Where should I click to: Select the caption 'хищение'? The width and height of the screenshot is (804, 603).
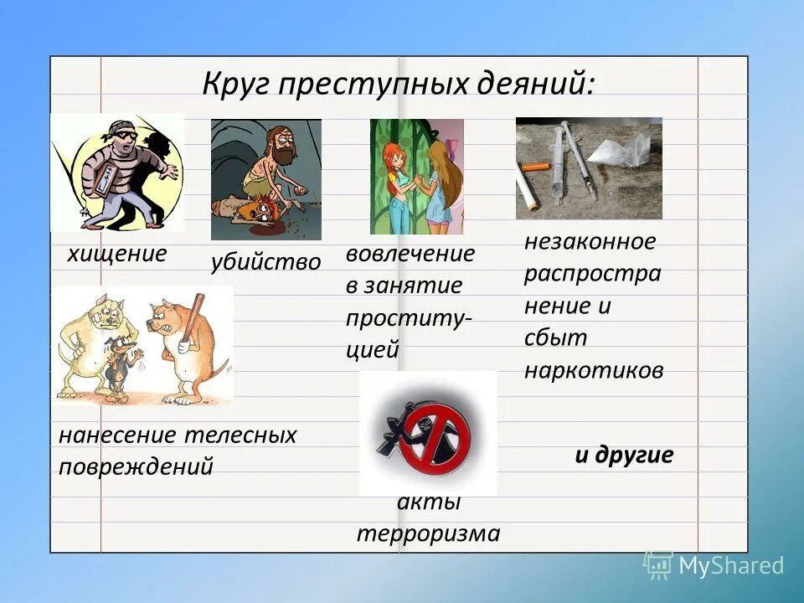pyautogui.click(x=117, y=254)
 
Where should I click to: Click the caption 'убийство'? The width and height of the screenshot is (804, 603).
pyautogui.click(x=265, y=262)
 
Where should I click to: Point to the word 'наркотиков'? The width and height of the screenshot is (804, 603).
pyautogui.click(x=594, y=370)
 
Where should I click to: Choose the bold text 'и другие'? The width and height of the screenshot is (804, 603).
pyautogui.click(x=624, y=455)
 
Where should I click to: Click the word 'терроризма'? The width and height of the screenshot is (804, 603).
pyautogui.click(x=428, y=533)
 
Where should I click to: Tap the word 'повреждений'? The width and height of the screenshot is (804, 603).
pyautogui.click(x=136, y=466)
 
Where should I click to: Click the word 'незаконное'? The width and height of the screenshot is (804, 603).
pyautogui.click(x=590, y=242)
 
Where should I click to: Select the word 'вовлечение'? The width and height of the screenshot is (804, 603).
pyautogui.click(x=410, y=254)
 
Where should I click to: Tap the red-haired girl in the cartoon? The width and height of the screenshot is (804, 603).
pyautogui.click(x=401, y=184)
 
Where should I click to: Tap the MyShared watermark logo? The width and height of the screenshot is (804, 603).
pyautogui.click(x=714, y=565)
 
